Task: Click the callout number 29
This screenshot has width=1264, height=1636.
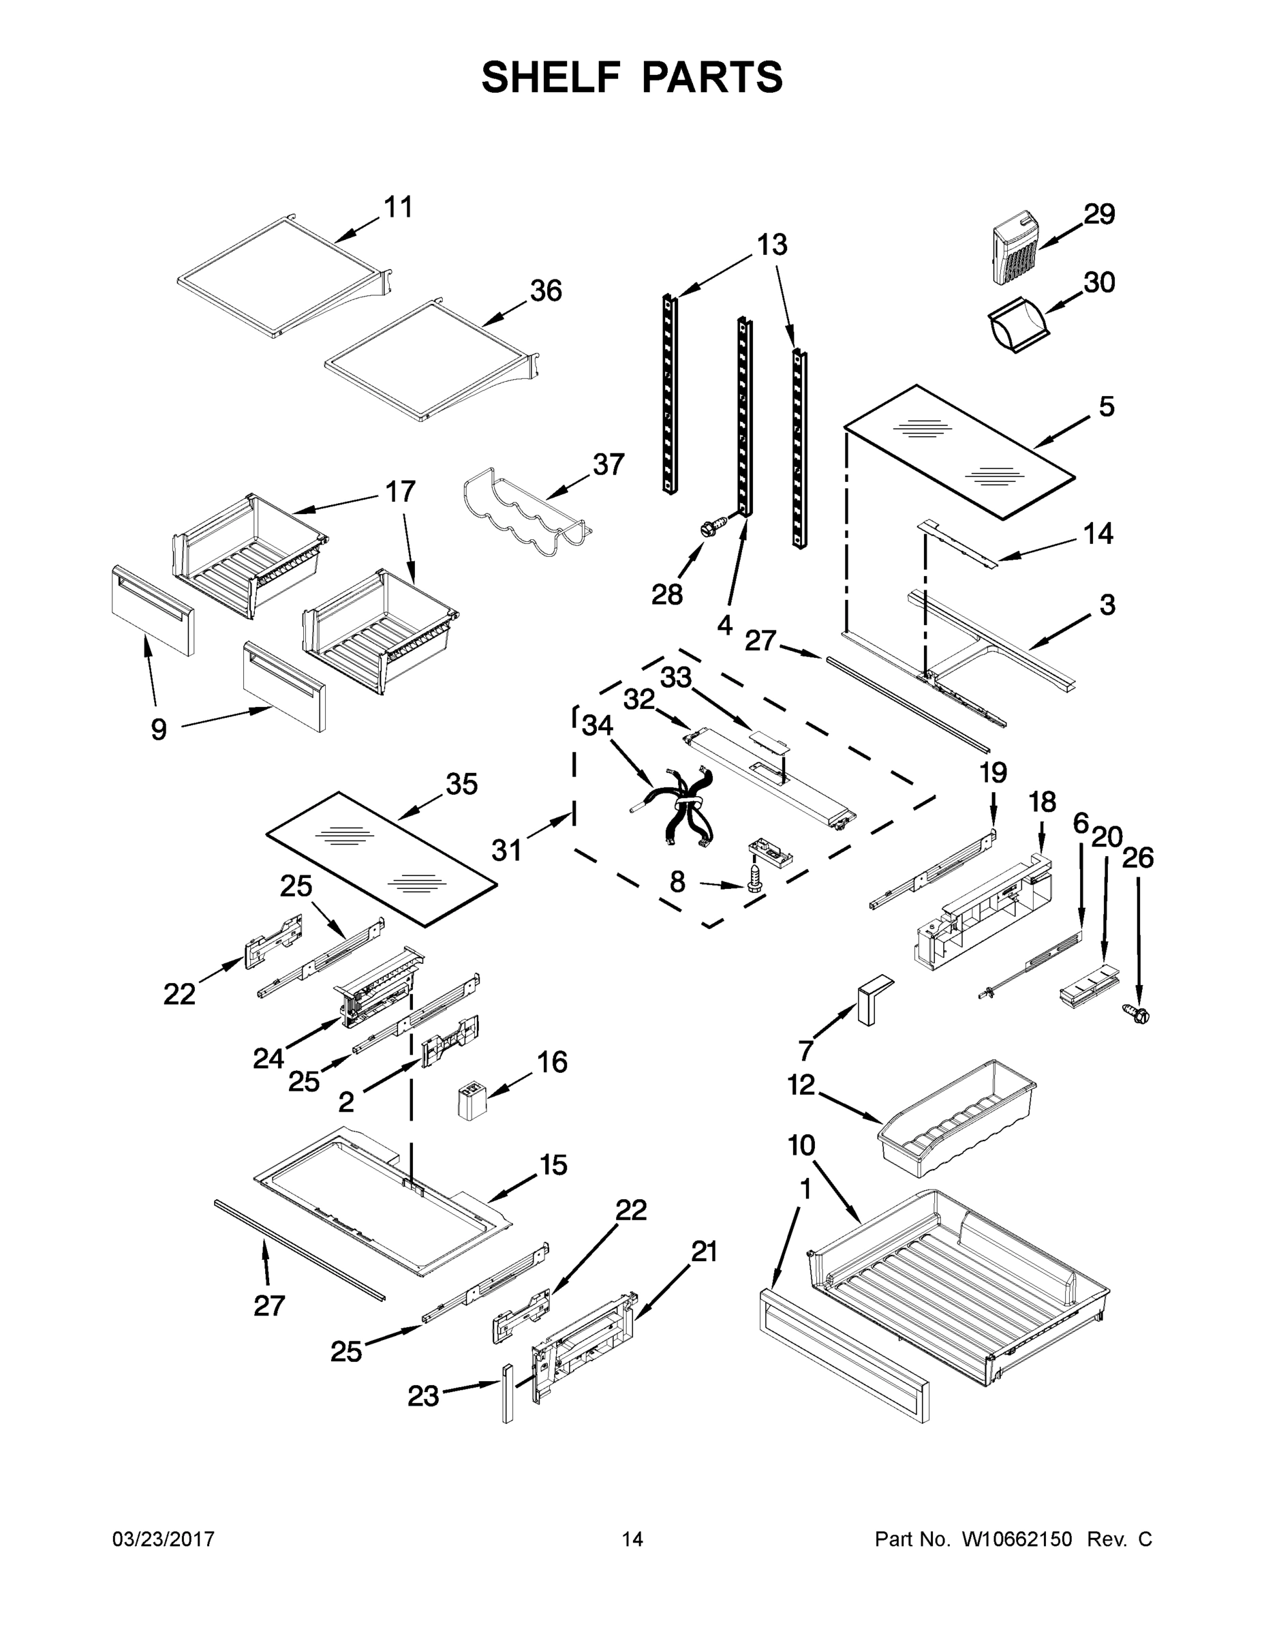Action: click(1099, 214)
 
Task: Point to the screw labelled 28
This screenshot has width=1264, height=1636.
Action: click(711, 527)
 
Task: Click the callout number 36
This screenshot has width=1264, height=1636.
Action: click(546, 290)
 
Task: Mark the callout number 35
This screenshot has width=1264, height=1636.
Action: click(461, 785)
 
